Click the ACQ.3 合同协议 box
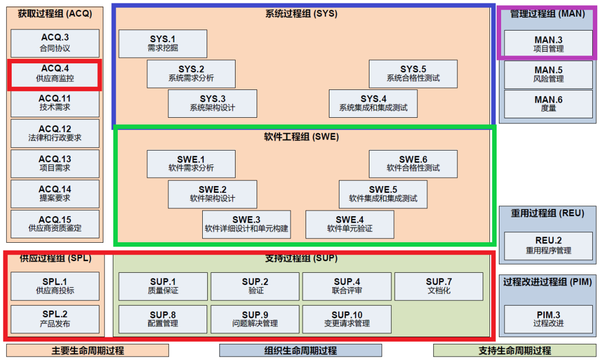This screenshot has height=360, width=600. tap(54, 42)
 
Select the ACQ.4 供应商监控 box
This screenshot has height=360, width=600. tap(54, 74)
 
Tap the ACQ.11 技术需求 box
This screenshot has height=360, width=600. tap(54, 104)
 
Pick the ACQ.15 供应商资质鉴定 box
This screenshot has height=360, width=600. tap(54, 223)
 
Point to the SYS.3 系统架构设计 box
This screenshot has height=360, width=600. tap(212, 104)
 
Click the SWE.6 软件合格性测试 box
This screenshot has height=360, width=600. tap(412, 163)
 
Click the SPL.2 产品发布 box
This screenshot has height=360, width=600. tap(54, 318)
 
